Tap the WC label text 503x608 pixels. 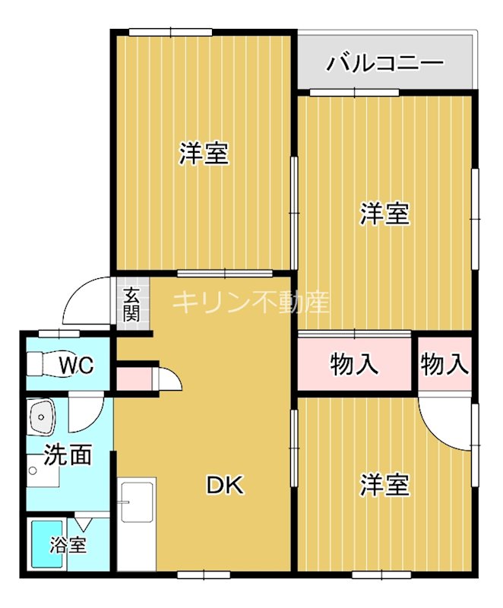(77, 366)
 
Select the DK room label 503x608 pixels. (226, 485)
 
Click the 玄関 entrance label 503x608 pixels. (132, 304)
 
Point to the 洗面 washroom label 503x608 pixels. (68, 454)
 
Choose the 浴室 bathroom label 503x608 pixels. (68, 544)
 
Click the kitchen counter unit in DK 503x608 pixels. (137, 524)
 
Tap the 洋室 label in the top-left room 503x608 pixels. (204, 154)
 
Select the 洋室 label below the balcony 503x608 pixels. (384, 214)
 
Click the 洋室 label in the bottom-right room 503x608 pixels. (384, 484)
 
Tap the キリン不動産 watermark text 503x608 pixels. (251, 302)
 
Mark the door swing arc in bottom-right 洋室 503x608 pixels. (441, 426)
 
